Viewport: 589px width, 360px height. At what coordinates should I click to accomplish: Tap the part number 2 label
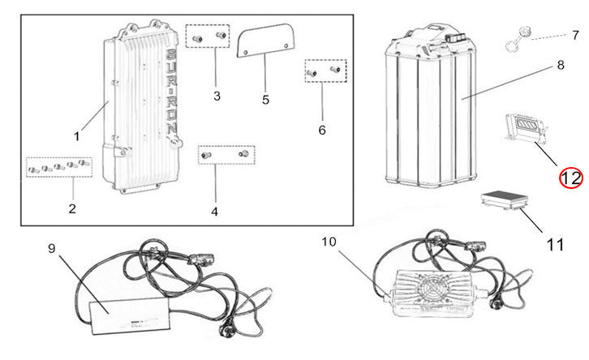click(72, 208)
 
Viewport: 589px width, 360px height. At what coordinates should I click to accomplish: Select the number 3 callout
click(217, 96)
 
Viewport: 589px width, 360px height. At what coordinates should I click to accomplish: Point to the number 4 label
click(214, 212)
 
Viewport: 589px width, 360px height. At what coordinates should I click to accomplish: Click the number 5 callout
click(265, 100)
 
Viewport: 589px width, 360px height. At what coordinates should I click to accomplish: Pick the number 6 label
click(322, 130)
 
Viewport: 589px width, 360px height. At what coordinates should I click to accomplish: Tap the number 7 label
click(575, 36)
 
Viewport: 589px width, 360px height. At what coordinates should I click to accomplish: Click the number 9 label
click(52, 249)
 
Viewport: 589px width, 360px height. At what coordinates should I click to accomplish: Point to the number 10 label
click(329, 242)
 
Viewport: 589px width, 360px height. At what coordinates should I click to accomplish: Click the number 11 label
click(555, 242)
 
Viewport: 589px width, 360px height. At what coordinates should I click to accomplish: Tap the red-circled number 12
click(570, 177)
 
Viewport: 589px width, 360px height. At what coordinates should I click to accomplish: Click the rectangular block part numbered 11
click(501, 202)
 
